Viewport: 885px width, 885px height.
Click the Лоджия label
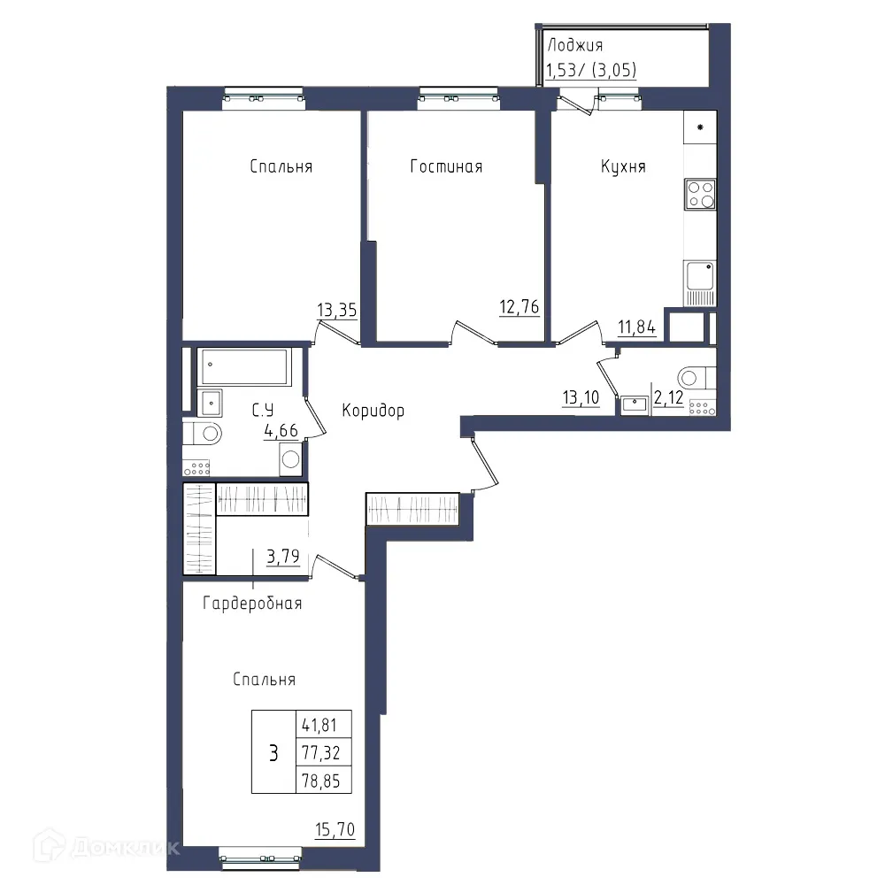(575, 45)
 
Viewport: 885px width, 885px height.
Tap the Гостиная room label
(446, 166)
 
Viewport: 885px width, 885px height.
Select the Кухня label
(623, 166)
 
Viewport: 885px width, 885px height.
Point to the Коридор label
(373, 411)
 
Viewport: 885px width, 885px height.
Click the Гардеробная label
(252, 604)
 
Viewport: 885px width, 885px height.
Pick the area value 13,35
(336, 310)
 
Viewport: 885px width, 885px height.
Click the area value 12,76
(519, 308)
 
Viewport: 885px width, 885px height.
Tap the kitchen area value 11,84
(636, 327)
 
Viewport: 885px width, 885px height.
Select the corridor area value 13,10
(581, 397)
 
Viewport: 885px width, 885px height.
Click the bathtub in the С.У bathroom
(244, 366)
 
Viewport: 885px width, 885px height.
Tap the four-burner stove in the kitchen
(699, 194)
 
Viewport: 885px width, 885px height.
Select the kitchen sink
(699, 276)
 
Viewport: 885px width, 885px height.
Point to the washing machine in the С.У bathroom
(291, 459)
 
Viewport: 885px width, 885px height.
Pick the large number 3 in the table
(273, 753)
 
